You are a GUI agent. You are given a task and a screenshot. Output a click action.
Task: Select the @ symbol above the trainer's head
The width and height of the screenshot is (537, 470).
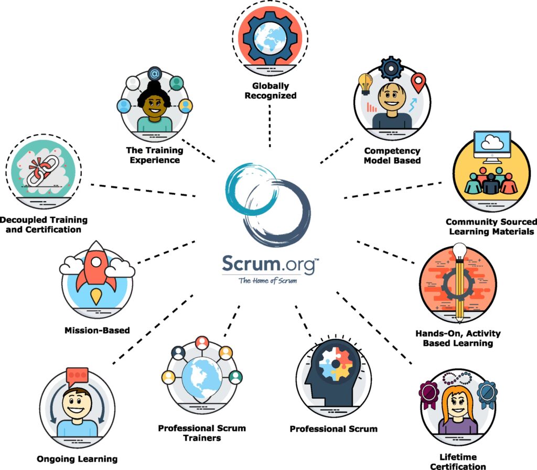[154, 74]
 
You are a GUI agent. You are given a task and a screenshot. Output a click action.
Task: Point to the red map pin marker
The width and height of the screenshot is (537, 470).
[418, 81]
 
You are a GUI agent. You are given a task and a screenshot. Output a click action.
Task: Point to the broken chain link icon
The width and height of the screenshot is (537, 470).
[40, 169]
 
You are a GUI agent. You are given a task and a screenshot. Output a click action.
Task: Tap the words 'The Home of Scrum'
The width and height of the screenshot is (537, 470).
[267, 280]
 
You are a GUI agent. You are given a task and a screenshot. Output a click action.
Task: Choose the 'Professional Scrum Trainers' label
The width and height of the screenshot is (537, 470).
[202, 433]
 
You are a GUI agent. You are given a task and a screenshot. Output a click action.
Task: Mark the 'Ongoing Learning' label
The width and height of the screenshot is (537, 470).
[77, 459]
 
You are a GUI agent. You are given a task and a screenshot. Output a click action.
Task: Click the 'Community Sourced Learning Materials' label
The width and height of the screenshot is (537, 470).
[490, 226]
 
